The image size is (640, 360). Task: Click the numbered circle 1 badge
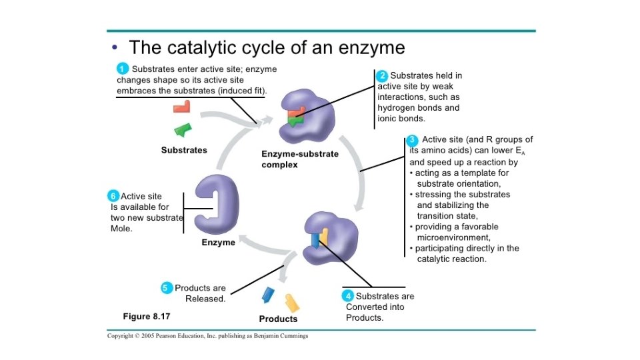pyautogui.click(x=123, y=68)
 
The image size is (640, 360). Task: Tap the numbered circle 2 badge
pyautogui.click(x=383, y=75)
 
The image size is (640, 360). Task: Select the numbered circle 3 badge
pyautogui.click(x=413, y=140)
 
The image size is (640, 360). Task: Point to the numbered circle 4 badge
pyautogui.click(x=348, y=296)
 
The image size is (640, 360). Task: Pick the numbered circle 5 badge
pyautogui.click(x=167, y=288)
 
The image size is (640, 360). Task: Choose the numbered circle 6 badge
pyautogui.click(x=113, y=196)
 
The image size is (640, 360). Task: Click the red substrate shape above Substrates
pyautogui.click(x=181, y=106)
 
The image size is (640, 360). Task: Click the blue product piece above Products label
pyautogui.click(x=269, y=294)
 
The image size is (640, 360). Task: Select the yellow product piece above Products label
pyautogui.click(x=291, y=303)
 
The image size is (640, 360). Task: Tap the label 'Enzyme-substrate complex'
pyautogui.click(x=299, y=159)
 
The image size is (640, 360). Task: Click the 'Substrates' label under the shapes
pyautogui.click(x=184, y=150)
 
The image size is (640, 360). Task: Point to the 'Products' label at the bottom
pyautogui.click(x=279, y=319)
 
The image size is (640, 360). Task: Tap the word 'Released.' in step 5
pyautogui.click(x=205, y=299)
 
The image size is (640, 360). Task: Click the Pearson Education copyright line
pyautogui.click(x=208, y=336)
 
